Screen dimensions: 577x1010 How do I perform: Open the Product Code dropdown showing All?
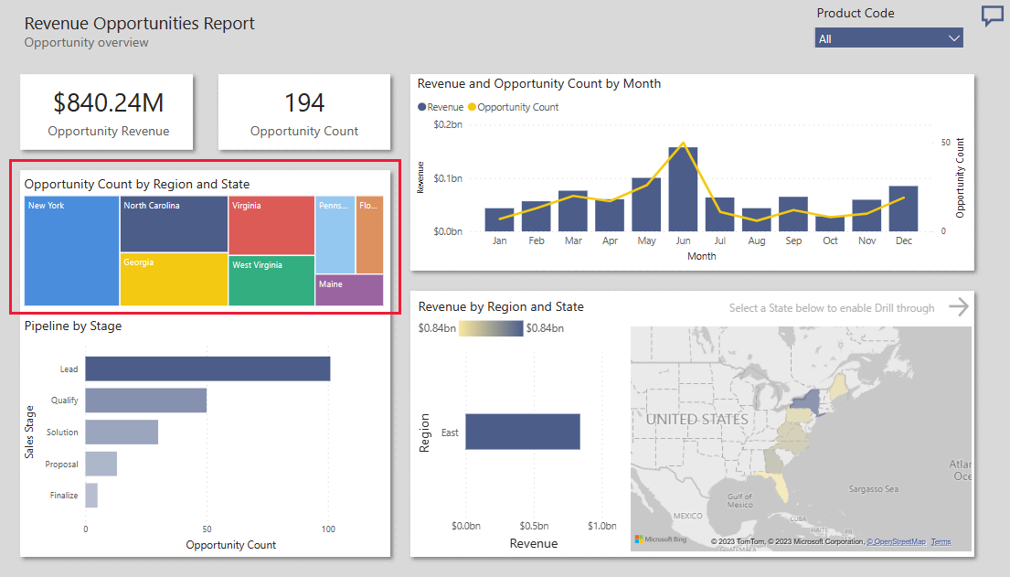tap(888, 38)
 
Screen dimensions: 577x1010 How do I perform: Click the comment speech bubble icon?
tap(992, 16)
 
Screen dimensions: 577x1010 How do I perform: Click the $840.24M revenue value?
tap(108, 102)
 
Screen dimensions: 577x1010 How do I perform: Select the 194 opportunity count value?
tap(304, 102)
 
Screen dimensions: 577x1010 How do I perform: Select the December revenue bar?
tap(903, 208)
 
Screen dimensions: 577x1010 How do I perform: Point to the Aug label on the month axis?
tap(756, 240)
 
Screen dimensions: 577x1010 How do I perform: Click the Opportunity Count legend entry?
tap(517, 107)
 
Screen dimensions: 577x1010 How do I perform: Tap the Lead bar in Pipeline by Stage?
tap(207, 369)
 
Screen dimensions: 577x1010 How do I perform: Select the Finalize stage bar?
tap(91, 496)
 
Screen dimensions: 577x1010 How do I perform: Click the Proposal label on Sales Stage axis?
tap(61, 465)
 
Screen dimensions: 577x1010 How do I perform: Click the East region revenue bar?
tap(522, 432)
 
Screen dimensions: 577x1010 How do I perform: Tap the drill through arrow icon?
tap(958, 307)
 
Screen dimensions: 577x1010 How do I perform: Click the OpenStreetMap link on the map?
tap(896, 542)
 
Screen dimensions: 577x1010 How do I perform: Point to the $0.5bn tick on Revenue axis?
tap(534, 526)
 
